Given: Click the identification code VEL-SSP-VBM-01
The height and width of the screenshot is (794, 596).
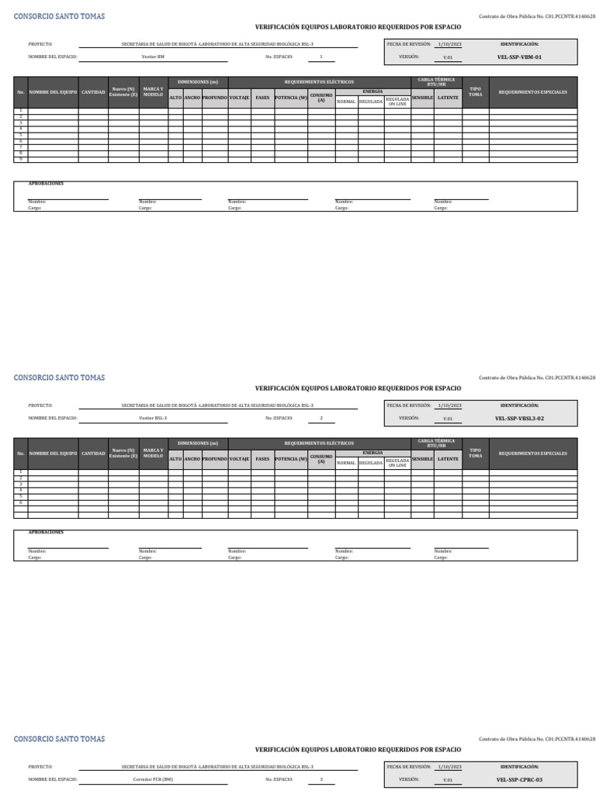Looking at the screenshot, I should click(519, 57).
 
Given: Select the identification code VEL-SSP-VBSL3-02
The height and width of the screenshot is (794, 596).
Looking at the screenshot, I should click(519, 418).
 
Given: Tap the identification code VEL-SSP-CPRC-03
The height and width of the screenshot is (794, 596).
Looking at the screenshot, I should click(519, 779).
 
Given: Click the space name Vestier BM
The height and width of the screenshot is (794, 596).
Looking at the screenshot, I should click(153, 57).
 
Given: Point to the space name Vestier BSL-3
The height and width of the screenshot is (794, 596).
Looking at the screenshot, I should click(153, 418).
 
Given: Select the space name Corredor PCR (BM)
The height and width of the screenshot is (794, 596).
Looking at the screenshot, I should click(153, 779).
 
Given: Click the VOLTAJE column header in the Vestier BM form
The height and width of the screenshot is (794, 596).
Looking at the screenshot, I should click(239, 98).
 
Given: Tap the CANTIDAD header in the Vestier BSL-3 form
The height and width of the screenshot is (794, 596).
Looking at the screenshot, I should click(93, 453).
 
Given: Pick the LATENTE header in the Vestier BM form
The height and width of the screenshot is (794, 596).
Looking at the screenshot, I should click(448, 98).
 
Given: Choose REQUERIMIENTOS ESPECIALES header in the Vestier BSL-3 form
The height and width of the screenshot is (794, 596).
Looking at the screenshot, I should click(532, 453).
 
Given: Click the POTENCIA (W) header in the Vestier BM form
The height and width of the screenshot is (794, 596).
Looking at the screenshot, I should click(291, 98).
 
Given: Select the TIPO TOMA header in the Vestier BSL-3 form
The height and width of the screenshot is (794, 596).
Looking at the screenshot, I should click(476, 453).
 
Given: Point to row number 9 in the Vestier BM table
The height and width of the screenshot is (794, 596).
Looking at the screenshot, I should click(22, 160).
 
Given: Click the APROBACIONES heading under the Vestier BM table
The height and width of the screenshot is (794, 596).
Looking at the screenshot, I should click(46, 184).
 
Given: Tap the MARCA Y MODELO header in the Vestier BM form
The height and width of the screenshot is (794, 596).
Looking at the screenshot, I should click(153, 92).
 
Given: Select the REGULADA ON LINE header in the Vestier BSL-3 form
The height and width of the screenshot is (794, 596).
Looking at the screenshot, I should click(397, 462).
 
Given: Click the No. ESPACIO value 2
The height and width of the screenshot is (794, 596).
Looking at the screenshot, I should click(321, 418).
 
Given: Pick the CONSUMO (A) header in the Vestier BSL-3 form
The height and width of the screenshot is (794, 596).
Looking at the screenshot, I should click(321, 459).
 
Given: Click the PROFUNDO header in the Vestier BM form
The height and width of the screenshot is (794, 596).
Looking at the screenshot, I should click(215, 98).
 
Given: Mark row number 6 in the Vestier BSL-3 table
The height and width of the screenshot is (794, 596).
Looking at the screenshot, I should click(22, 502).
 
